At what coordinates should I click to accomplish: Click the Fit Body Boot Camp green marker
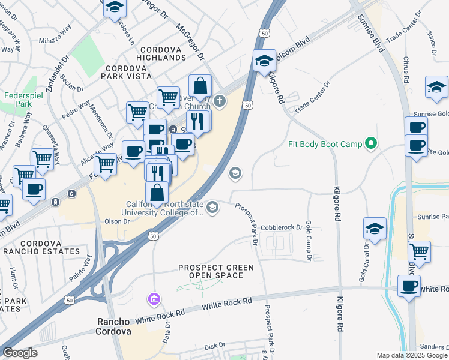[371, 144]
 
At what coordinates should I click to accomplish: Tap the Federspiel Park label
[18, 100]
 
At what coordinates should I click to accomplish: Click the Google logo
[19, 353]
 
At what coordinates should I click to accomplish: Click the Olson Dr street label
[117, 221]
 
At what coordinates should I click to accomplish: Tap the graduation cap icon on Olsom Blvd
[264, 61]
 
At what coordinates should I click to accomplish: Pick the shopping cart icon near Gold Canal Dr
[419, 251]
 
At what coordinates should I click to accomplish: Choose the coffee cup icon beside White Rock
[409, 286]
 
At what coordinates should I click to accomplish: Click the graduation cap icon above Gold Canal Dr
[375, 229]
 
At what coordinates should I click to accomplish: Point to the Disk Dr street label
[214, 346]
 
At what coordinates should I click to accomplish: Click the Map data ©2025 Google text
[412, 355]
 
